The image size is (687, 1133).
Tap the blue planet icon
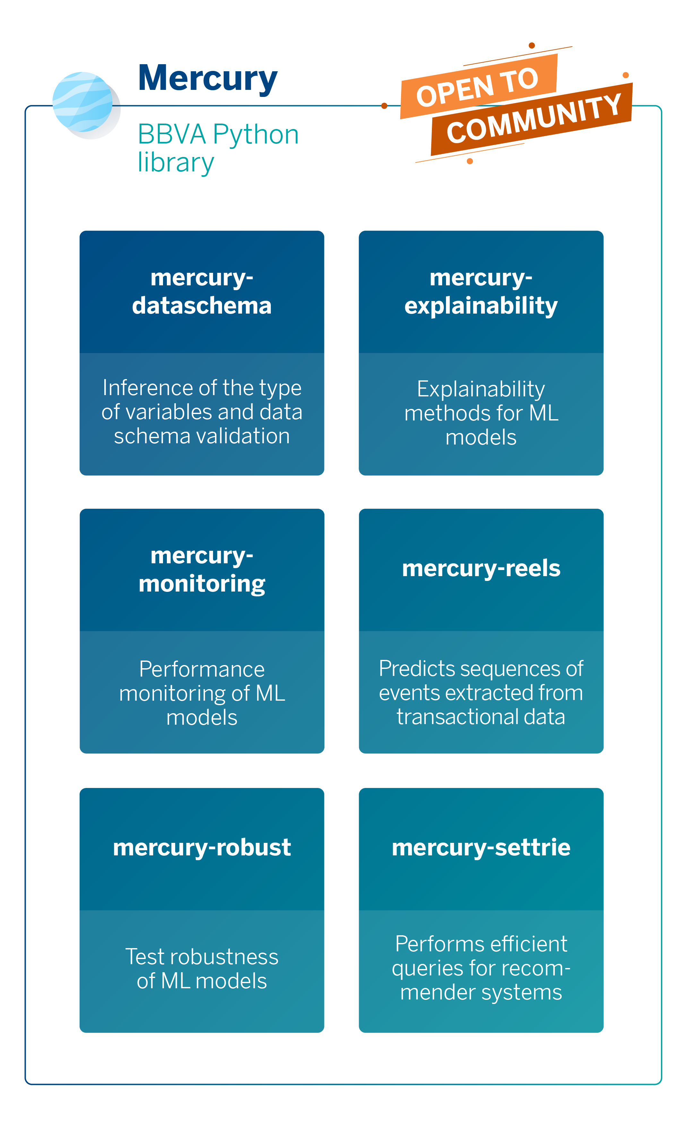pos(83,102)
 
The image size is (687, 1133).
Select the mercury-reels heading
pos(481,568)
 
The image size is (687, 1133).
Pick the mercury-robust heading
pos(202,847)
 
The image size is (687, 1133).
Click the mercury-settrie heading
pos(481,847)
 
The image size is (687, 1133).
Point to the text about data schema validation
pos(202,412)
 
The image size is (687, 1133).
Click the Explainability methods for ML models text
pos(481,413)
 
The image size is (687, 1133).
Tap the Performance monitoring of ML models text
pos(202,693)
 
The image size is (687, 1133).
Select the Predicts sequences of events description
pos(481,693)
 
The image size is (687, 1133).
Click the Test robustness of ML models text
pos(202,969)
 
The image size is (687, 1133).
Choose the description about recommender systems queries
pos(481,968)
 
